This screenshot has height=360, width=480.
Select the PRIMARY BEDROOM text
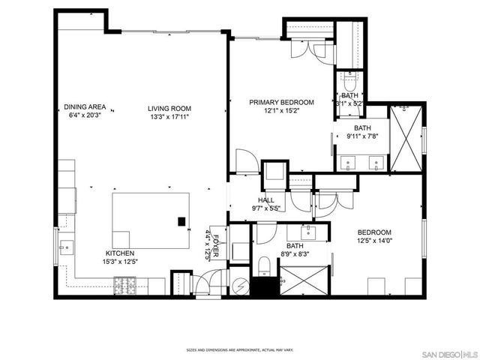281,102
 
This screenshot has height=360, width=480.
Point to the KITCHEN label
120,253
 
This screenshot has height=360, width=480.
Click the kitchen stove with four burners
124,284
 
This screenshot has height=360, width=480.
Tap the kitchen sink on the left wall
65,244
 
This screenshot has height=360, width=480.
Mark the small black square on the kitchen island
181,221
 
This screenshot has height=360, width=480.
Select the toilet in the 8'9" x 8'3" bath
263,265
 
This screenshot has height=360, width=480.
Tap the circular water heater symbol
239,285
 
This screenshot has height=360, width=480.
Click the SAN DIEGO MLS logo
447,353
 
